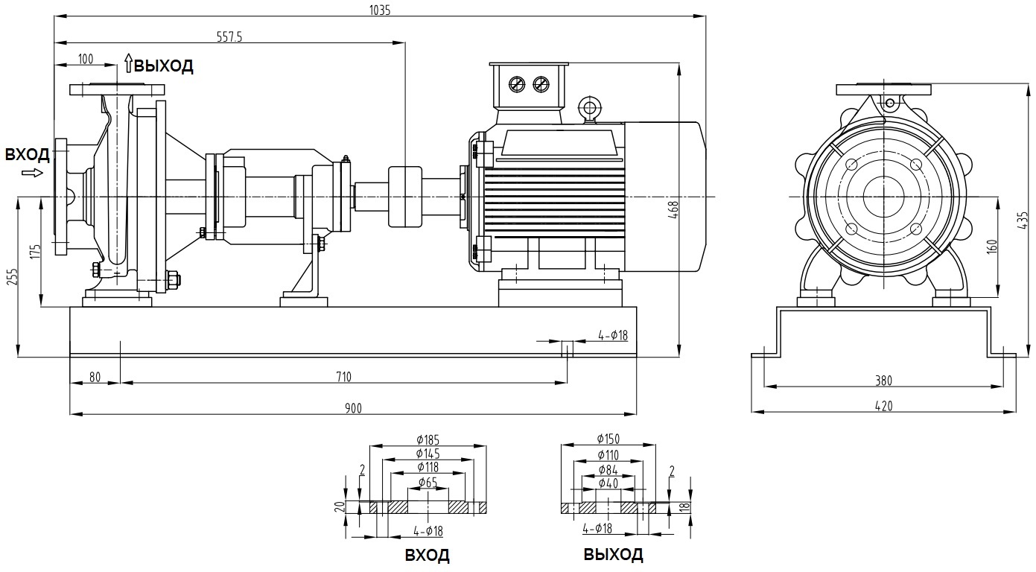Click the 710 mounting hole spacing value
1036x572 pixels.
(343, 376)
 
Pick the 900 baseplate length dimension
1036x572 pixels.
(353, 407)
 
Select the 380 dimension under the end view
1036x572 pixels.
(883, 380)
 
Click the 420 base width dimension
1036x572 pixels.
(883, 405)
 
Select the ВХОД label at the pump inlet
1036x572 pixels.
(28, 155)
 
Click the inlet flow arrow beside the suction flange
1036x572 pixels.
(33, 173)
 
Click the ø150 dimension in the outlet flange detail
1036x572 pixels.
(608, 439)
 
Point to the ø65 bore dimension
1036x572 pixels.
(428, 482)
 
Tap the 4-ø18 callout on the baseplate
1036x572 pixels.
(613, 336)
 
